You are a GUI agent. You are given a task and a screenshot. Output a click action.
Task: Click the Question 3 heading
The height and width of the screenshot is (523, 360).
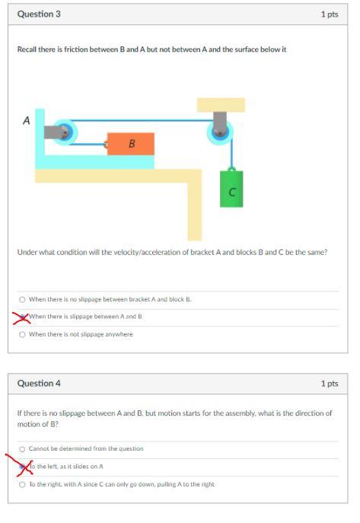(39, 14)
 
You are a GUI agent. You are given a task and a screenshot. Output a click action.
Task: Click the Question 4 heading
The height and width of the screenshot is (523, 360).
(39, 383)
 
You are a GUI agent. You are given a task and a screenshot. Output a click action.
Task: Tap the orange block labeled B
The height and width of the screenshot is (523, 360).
(131, 143)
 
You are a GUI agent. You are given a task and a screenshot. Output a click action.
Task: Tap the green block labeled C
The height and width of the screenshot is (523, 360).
(232, 187)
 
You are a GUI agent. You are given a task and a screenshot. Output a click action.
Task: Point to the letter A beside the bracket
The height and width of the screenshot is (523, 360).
(26, 120)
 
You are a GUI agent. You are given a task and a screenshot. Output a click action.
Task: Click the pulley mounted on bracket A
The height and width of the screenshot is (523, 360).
(64, 132)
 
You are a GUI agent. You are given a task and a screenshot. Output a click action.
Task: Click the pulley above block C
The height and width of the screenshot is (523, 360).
(220, 132)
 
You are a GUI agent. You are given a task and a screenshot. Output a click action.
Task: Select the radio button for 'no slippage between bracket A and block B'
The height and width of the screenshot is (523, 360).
(22, 299)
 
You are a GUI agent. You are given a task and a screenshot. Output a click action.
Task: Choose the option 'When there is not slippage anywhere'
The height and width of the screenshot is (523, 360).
(22, 334)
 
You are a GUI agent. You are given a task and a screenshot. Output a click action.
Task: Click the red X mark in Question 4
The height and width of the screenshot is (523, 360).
(21, 465)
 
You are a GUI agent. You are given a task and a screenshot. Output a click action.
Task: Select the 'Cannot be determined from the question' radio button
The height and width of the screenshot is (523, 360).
(22, 448)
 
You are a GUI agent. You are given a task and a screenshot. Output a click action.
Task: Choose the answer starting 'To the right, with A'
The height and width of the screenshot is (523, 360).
(22, 484)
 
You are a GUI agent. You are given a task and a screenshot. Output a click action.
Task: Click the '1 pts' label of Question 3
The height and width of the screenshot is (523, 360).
(329, 14)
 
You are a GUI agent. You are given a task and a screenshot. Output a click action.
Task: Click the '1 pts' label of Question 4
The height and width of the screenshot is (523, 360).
(329, 383)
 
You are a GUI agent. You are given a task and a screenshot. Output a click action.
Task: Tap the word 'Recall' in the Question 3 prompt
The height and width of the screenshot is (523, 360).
(27, 49)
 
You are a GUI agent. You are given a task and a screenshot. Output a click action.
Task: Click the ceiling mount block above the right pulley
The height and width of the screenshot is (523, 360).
(221, 105)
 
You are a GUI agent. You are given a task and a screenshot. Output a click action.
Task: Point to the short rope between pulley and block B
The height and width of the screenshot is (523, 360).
(90, 143)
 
